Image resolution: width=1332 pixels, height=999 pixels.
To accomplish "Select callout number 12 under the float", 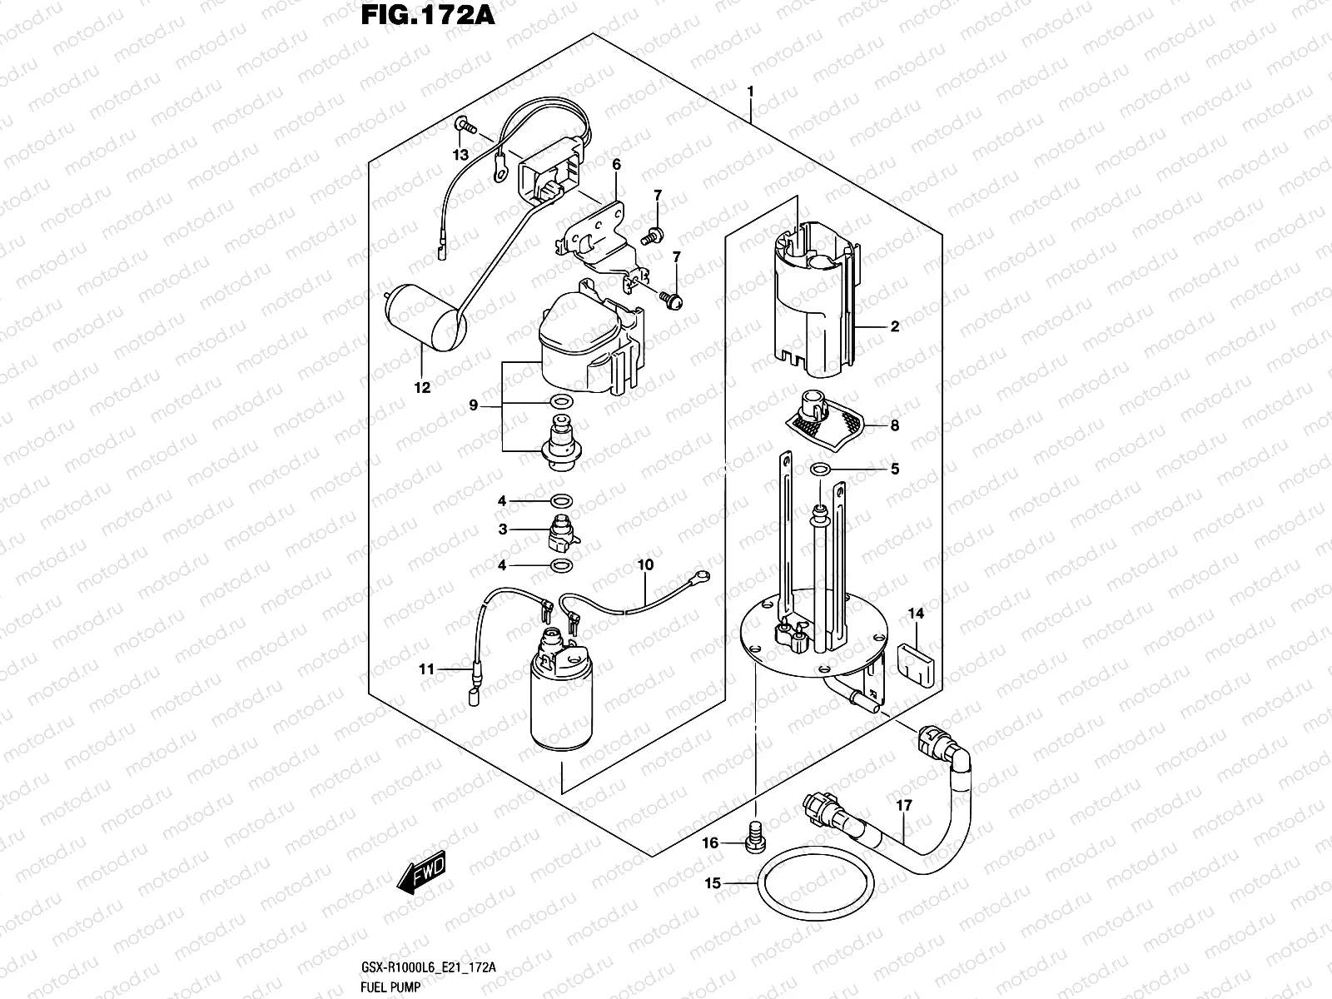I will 422,387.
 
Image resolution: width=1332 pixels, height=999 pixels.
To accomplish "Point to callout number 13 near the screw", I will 460,155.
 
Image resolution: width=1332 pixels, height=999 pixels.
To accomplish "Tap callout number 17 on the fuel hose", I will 904,805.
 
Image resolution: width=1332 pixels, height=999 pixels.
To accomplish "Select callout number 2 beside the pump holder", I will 894,326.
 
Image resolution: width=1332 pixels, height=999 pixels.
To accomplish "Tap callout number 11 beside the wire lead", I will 427,668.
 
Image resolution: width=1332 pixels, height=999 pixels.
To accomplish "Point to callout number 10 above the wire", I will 645,564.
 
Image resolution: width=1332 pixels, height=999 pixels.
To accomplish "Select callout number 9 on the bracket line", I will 473,405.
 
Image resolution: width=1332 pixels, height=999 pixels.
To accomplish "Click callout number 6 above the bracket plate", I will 616,164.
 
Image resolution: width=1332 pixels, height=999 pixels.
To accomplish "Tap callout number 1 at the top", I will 750,90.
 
